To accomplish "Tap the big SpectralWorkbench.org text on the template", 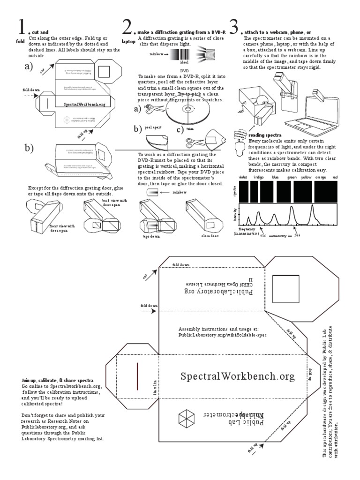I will (x=238, y=376).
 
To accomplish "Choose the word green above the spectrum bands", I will (x=292, y=178).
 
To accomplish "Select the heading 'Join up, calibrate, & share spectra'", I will (x=57, y=379).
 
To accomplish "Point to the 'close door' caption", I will (x=210, y=236).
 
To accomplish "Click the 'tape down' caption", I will (x=151, y=237).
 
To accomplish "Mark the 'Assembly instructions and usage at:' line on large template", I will (x=218, y=329).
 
